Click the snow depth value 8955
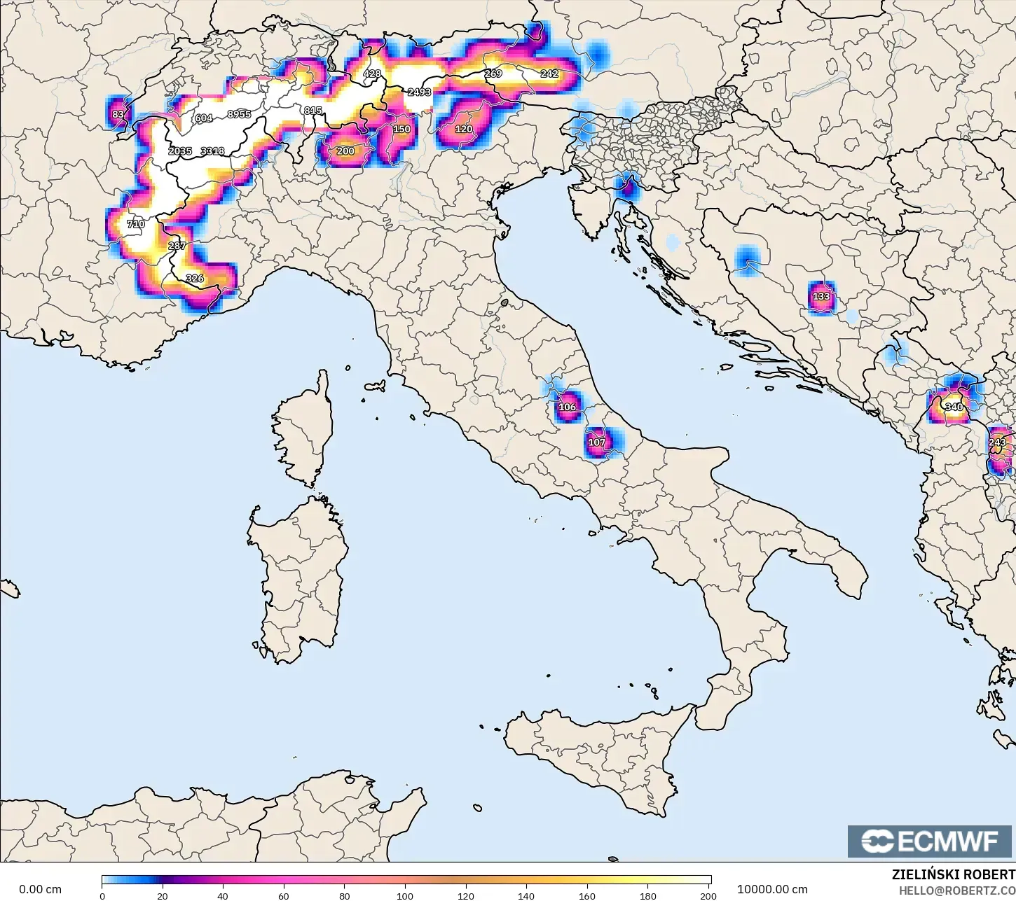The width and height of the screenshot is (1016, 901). click(x=239, y=114)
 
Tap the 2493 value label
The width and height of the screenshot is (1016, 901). click(x=419, y=92)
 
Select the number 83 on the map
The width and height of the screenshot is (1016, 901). click(x=118, y=114)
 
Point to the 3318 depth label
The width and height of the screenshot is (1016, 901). click(x=212, y=151)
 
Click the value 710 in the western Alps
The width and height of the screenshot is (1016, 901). click(x=135, y=224)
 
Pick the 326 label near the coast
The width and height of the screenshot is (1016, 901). click(x=194, y=279)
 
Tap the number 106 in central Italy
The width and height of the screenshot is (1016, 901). click(x=567, y=407)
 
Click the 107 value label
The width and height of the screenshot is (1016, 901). click(x=596, y=442)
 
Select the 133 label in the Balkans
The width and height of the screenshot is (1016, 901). click(x=821, y=296)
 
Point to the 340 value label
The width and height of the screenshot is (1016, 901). click(x=954, y=407)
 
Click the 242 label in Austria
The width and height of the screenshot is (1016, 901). click(x=549, y=74)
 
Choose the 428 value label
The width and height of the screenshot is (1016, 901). click(x=372, y=74)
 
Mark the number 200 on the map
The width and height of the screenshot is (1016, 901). click(x=345, y=151)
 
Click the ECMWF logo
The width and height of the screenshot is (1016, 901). click(x=929, y=841)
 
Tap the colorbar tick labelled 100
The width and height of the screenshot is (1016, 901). click(x=405, y=895)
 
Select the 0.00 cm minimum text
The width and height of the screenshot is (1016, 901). click(x=40, y=889)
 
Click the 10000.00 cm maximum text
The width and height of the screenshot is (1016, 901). click(x=772, y=889)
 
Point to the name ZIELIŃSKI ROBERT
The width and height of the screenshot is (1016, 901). click(x=953, y=874)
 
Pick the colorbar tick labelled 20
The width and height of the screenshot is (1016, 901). click(x=163, y=895)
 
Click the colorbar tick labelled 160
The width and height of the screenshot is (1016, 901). click(x=587, y=895)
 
